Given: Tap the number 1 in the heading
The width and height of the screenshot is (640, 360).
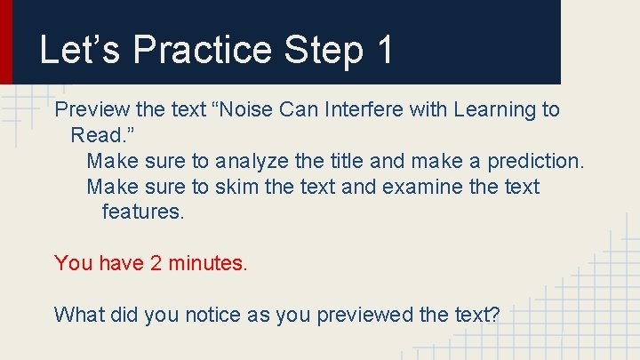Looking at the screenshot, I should pos(384,50).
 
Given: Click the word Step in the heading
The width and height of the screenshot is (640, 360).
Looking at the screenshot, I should pos(324,50).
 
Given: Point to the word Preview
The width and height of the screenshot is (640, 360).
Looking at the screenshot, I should pos(92,110).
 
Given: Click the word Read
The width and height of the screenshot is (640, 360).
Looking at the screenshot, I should pos(98,136).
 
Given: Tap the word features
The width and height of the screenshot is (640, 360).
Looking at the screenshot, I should pos(142,213).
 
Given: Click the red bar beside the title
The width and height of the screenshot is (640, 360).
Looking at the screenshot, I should pos(6,42).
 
